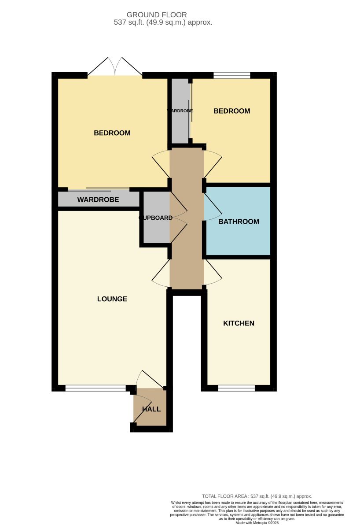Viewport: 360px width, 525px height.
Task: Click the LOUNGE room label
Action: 112,299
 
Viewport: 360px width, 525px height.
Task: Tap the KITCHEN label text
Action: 239,323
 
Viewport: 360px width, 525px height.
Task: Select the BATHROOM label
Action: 239,221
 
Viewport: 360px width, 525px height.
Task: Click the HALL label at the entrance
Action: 151,409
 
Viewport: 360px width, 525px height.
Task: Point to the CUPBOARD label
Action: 156,218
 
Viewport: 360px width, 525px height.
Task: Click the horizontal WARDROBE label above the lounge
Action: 98,200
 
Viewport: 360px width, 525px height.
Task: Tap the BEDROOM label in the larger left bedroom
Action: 112,133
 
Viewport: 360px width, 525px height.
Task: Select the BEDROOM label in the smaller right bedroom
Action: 232,111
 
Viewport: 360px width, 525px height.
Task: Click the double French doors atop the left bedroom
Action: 115,67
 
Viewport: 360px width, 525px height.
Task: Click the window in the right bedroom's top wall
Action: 232,75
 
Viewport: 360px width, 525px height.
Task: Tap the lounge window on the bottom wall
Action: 96,388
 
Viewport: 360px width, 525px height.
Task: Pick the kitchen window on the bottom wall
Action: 236,388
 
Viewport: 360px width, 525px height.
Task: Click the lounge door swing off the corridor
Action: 161,274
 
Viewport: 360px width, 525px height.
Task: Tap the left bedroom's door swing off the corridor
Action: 161,164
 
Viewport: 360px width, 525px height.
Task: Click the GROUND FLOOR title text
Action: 157,15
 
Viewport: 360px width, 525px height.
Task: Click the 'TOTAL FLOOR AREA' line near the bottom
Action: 257,496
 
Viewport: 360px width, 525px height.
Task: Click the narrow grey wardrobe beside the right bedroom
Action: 180,111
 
